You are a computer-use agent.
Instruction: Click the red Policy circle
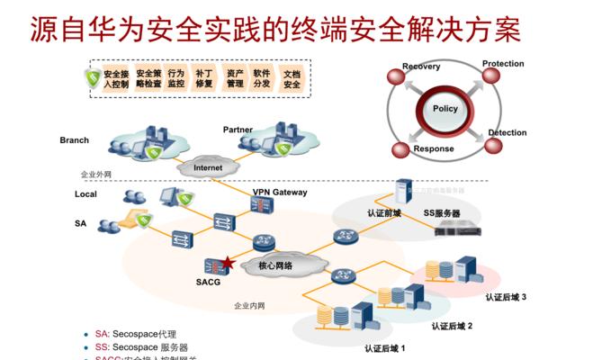445,109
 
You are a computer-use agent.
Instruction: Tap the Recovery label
420,67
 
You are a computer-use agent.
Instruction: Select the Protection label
503,64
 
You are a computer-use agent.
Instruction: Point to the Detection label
507,133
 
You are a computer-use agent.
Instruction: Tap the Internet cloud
208,167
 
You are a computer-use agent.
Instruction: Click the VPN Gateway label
280,192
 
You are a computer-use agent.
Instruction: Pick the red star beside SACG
228,264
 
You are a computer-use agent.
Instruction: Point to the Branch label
75,140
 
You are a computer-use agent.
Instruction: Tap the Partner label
238,130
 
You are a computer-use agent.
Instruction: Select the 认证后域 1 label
385,347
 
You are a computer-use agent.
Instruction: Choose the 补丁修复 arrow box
204,77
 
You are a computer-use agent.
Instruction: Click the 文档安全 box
292,77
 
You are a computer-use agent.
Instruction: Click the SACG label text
208,281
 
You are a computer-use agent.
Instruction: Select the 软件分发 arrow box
262,77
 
